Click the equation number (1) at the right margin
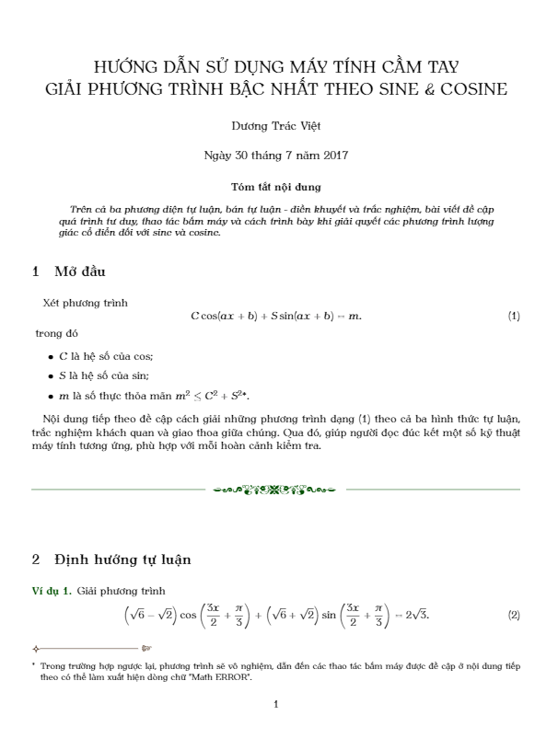coord(514,317)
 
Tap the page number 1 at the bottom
coord(276,705)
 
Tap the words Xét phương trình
coord(86,302)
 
